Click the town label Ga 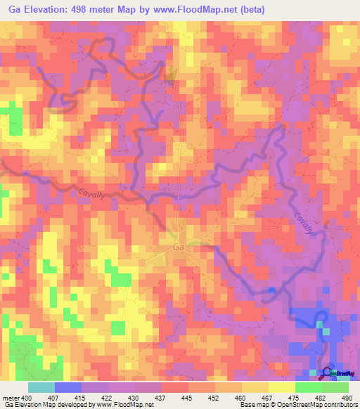(x=178, y=247)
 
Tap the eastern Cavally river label (x=307, y=223)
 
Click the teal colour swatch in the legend (x=41, y=387)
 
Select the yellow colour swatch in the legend (x=282, y=387)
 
